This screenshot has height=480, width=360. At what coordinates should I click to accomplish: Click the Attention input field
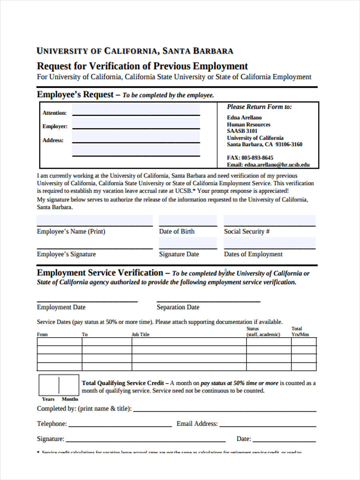(136, 110)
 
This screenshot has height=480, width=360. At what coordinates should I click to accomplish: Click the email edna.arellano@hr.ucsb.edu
(277, 164)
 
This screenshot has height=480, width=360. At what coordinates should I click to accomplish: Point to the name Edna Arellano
(244, 118)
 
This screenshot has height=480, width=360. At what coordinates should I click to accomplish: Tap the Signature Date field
(188, 243)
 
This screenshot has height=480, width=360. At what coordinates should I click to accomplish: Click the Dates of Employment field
(269, 243)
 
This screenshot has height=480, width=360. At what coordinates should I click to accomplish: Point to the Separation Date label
(178, 307)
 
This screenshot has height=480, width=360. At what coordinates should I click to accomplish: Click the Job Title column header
(140, 334)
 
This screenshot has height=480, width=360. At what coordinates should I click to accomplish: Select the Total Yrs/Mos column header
(300, 332)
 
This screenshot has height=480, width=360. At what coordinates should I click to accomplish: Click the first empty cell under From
(59, 342)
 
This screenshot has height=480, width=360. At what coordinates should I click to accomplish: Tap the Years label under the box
(48, 399)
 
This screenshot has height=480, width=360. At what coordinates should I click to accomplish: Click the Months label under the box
(70, 399)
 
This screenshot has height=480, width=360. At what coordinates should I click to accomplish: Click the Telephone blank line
(120, 425)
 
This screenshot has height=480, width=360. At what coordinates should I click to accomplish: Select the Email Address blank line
(268, 425)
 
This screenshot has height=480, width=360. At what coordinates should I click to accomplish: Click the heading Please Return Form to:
(259, 107)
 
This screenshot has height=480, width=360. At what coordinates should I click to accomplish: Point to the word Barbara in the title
(213, 51)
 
